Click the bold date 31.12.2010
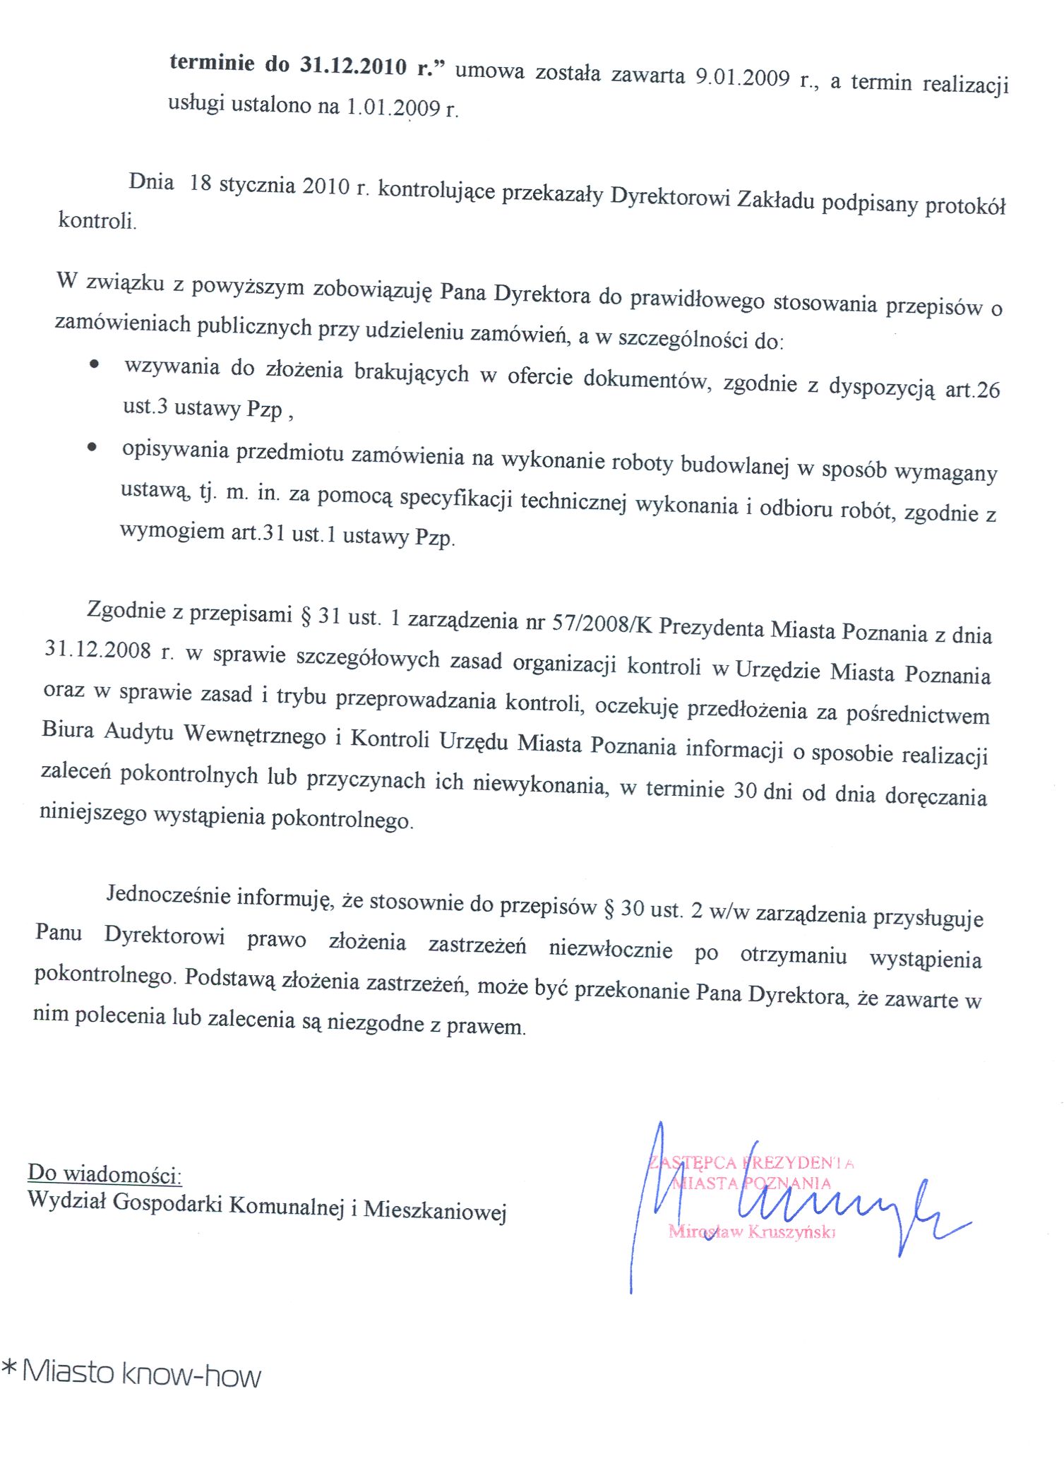pos(353,66)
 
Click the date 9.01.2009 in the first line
pos(742,76)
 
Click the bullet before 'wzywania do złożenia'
pos(92,364)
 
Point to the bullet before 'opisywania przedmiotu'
pos(91,446)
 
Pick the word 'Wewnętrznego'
pos(255,734)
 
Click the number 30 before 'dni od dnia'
pos(745,790)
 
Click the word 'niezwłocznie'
pos(610,948)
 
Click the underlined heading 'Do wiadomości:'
pos(104,1174)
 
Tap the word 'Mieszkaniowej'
pos(435,1211)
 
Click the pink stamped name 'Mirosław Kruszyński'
pos(751,1232)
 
